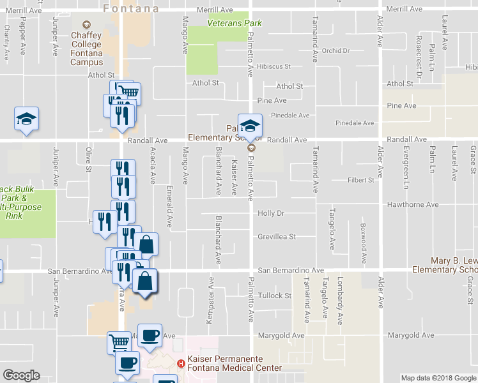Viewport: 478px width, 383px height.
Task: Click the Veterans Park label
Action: click(235, 24)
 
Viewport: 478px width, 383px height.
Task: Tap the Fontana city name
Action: click(130, 8)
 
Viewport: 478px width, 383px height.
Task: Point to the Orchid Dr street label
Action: click(337, 51)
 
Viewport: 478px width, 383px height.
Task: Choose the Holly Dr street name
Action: click(271, 213)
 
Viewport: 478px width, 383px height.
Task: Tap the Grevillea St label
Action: click(277, 237)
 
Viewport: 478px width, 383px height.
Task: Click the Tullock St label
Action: click(275, 296)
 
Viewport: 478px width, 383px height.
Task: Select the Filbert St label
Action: click(361, 181)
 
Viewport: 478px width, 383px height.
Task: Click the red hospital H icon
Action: click(181, 364)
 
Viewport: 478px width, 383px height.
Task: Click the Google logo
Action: click(21, 375)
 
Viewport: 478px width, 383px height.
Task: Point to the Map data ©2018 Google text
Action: click(438, 378)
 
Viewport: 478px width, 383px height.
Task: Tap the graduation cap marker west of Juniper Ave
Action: click(26, 119)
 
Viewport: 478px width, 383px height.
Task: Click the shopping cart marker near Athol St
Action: click(129, 93)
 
